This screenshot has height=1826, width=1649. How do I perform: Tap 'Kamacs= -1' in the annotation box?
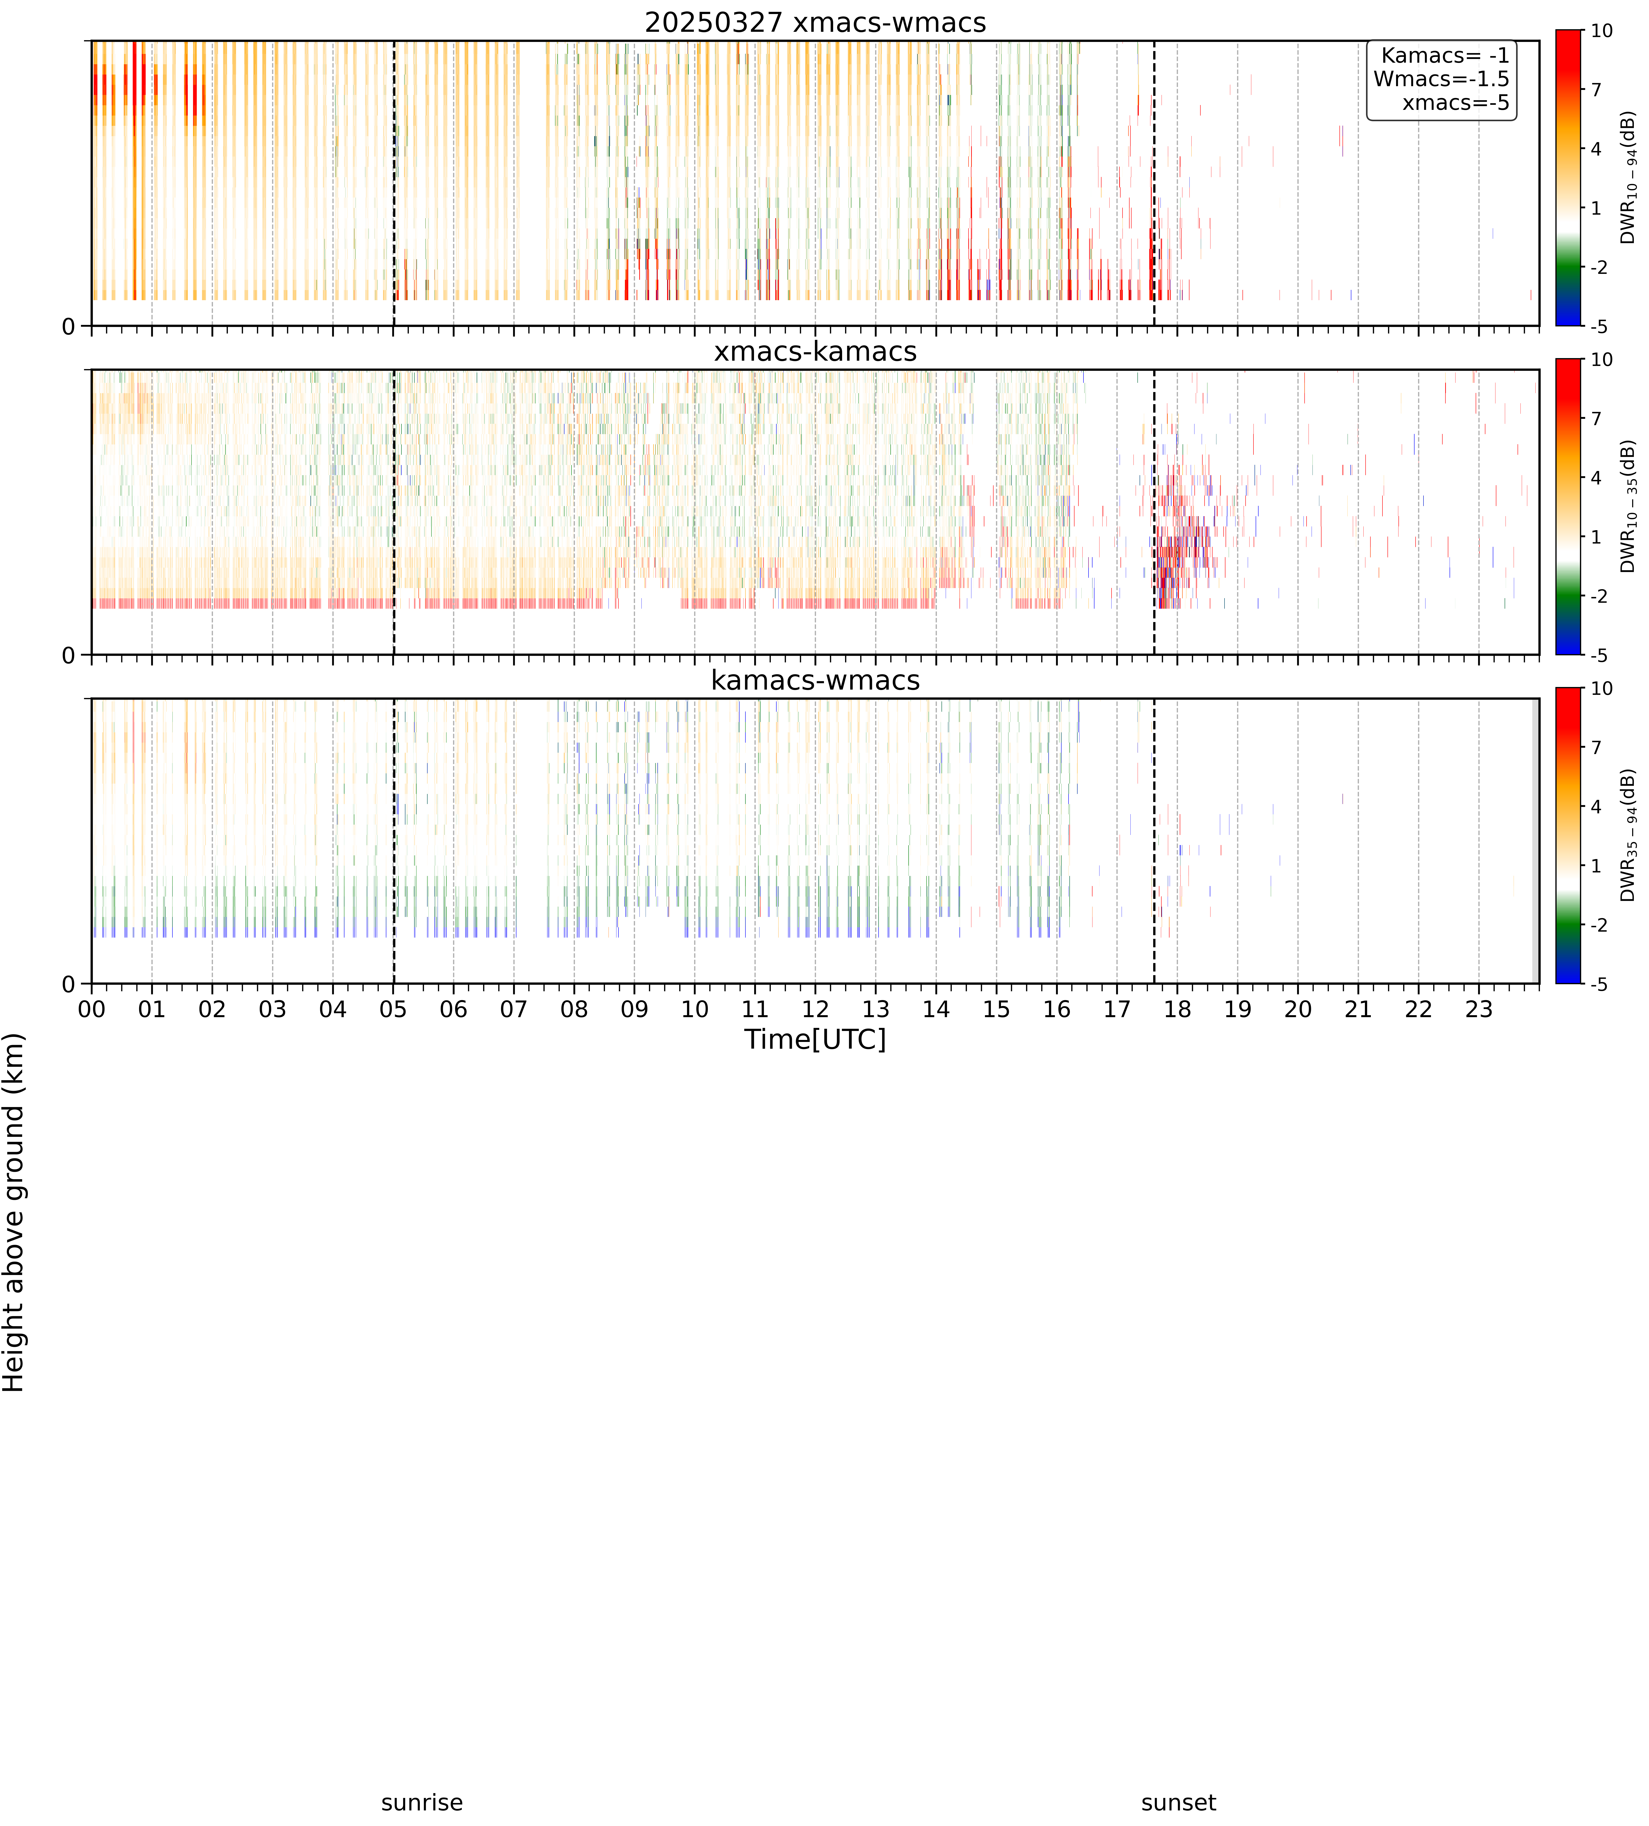(1445, 55)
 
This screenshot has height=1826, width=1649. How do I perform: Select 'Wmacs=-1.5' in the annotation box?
(1441, 79)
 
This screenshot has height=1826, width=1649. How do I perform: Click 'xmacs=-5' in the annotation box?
(1456, 102)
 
